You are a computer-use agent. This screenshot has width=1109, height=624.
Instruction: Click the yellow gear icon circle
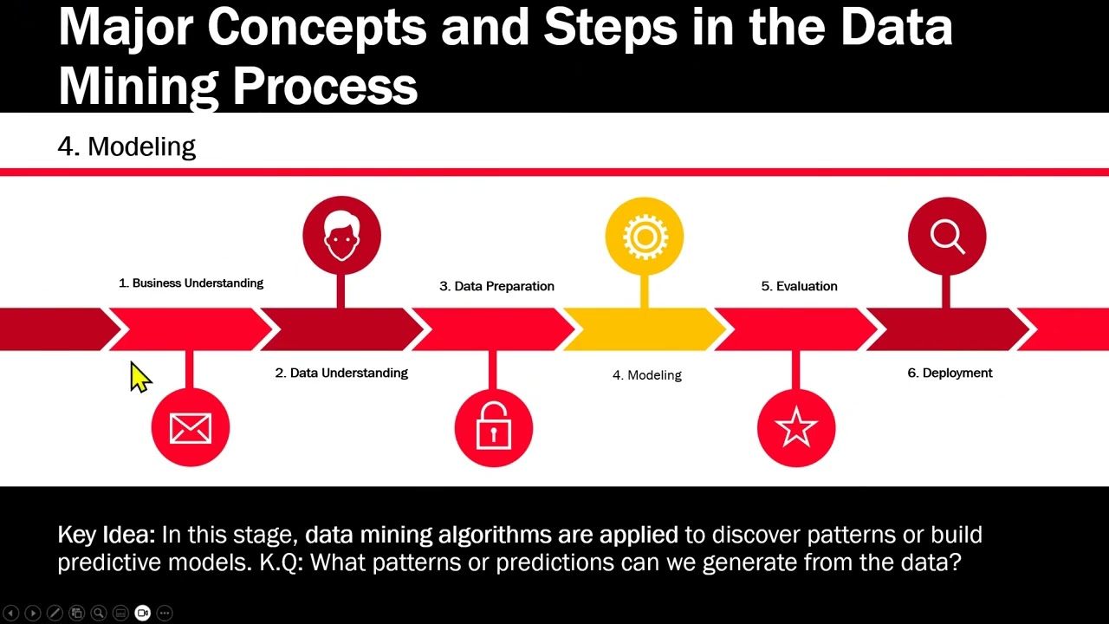click(x=644, y=237)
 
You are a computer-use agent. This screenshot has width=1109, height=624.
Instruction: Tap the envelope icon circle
click(x=191, y=428)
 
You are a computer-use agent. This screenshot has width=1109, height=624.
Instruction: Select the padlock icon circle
click(x=493, y=428)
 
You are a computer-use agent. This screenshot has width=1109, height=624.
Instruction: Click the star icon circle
click(x=795, y=428)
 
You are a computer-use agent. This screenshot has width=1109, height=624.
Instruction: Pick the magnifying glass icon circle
click(x=946, y=237)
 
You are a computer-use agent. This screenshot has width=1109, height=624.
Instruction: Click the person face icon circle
click(x=341, y=236)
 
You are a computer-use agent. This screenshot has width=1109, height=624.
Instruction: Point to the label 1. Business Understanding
click(x=191, y=283)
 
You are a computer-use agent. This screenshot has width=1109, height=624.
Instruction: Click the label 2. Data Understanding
click(x=341, y=373)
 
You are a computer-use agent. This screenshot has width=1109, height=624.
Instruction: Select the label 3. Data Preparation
click(x=496, y=286)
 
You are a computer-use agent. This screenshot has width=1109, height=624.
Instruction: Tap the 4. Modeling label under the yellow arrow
click(x=647, y=375)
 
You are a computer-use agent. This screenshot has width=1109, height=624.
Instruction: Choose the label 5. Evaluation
click(x=799, y=286)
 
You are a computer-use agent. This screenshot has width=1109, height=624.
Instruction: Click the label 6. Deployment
click(x=950, y=373)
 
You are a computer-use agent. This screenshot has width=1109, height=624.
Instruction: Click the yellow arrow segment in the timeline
click(x=644, y=329)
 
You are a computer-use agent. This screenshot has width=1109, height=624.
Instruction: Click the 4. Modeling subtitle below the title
click(x=126, y=146)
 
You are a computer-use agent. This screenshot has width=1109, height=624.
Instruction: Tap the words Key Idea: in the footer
click(x=106, y=535)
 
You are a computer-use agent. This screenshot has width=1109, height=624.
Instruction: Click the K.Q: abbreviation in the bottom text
click(x=282, y=562)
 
